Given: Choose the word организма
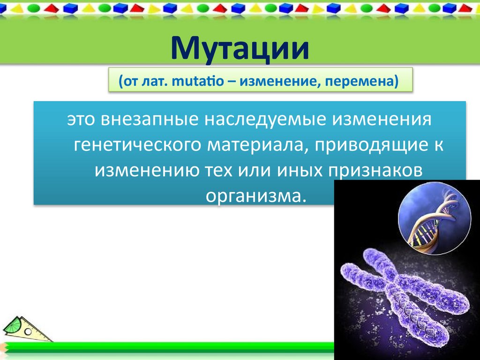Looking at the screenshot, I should click(256, 195).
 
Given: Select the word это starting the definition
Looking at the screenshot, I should click(81, 119).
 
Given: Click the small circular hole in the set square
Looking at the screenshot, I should click(27, 331).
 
